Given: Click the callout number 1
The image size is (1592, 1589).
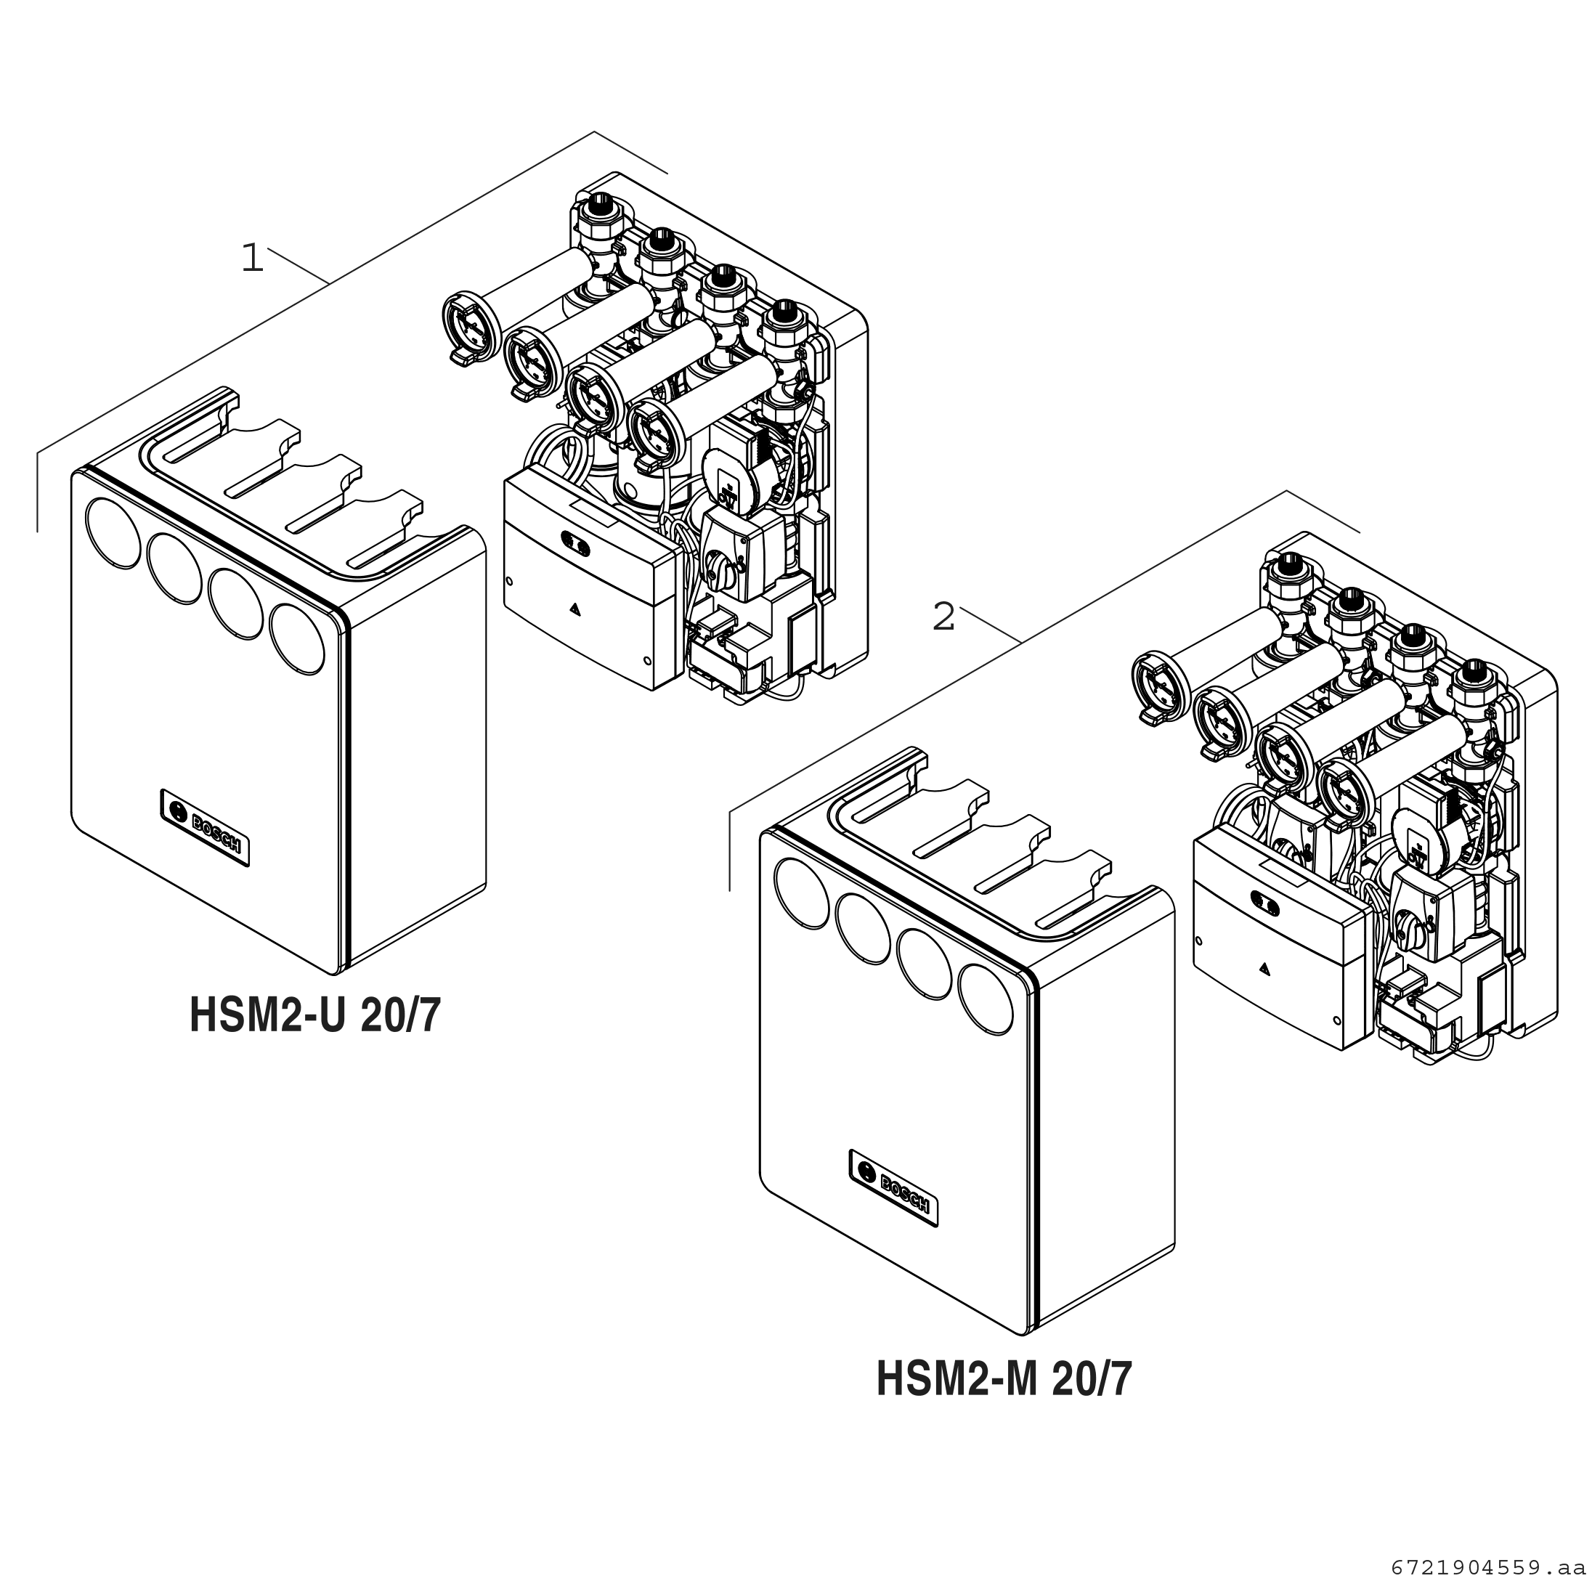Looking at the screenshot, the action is (x=252, y=258).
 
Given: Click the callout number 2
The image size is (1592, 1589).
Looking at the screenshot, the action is (x=943, y=617).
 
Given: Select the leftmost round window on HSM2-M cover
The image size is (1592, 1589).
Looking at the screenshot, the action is (x=803, y=893).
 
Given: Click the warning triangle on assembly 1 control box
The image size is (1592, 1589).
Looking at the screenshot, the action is (x=574, y=611).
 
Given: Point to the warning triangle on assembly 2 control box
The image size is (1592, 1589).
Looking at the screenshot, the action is (x=1263, y=970).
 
